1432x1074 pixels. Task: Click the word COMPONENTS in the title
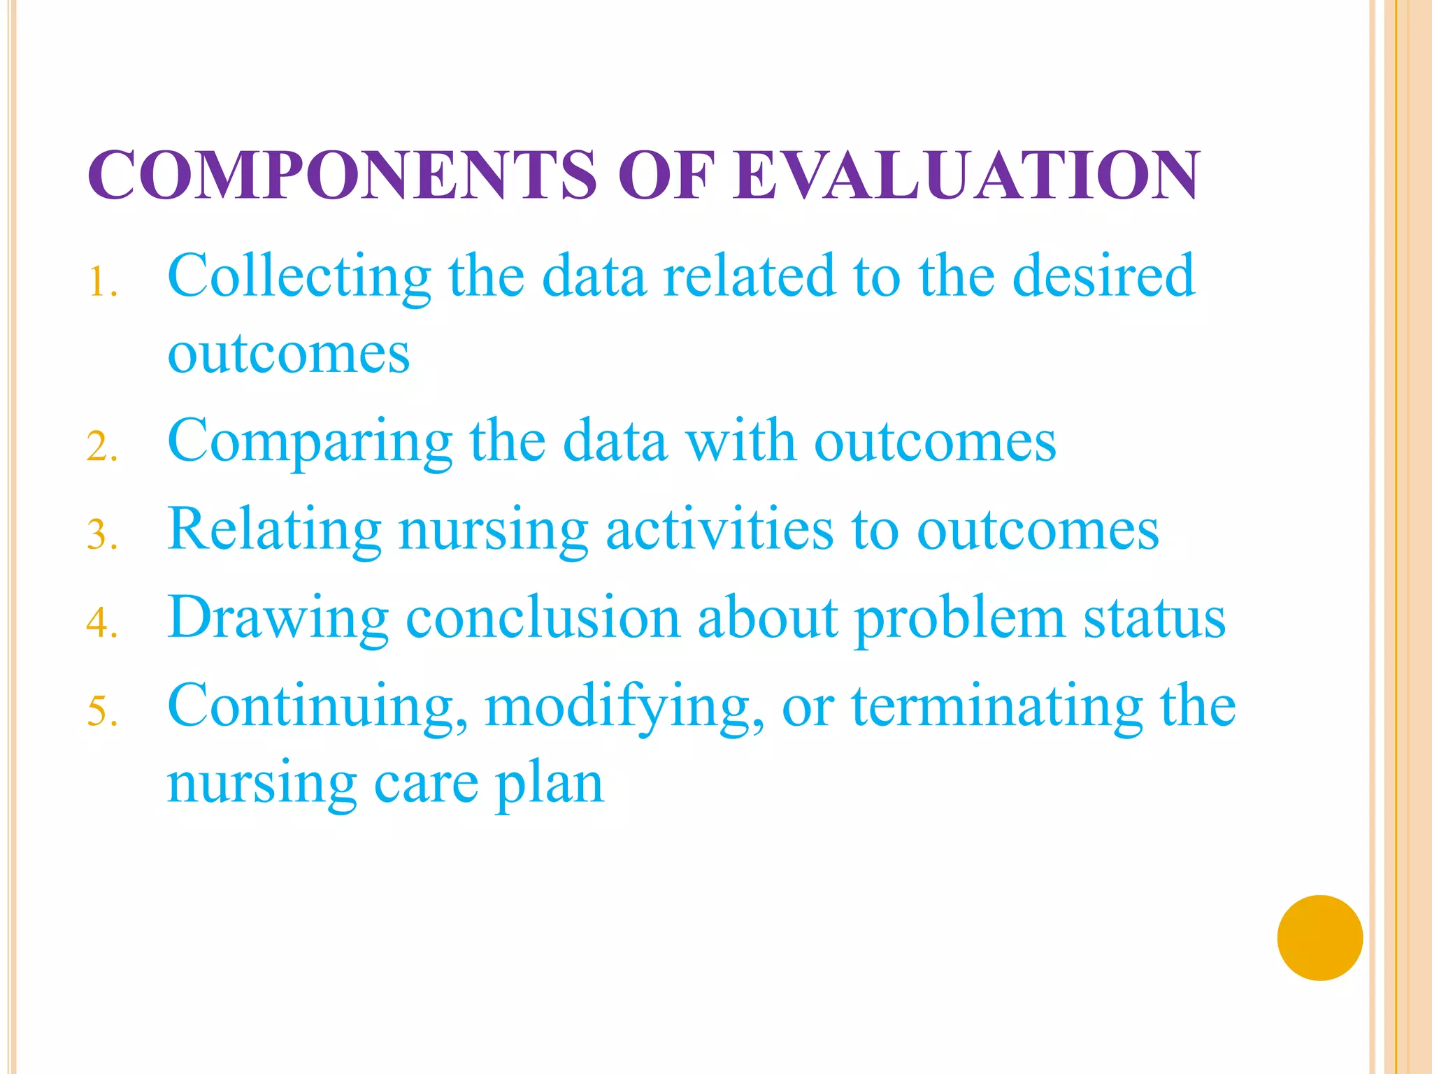pyautogui.click(x=343, y=175)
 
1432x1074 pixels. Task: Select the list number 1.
pyautogui.click(x=101, y=283)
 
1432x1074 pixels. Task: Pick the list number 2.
pyautogui.click(x=101, y=447)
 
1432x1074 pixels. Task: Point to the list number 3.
pyautogui.click(x=101, y=536)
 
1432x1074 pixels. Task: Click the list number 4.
pyautogui.click(x=101, y=624)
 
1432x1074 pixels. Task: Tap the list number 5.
pyautogui.click(x=101, y=712)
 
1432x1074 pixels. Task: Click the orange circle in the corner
pyautogui.click(x=1319, y=938)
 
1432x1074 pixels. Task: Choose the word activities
pyautogui.click(x=719, y=530)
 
